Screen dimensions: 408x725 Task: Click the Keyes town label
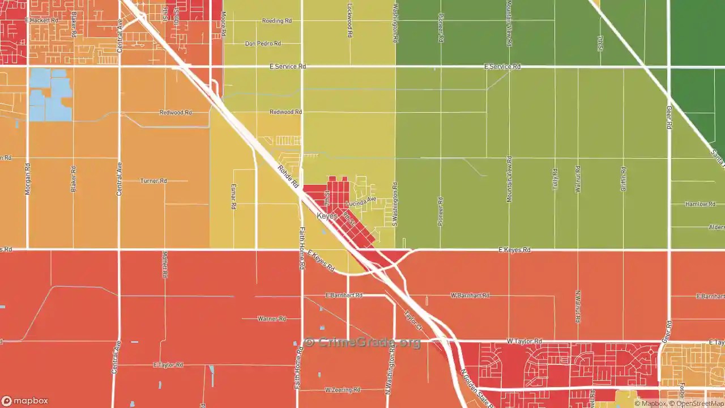click(327, 216)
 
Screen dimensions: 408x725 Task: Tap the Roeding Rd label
click(276, 21)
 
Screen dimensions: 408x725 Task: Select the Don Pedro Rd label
click(263, 44)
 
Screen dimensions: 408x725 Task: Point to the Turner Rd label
click(153, 181)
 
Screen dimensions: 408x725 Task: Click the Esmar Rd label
click(233, 197)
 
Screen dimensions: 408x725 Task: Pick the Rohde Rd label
click(288, 176)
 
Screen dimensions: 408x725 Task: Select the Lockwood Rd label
click(350, 23)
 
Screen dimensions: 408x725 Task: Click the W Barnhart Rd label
click(470, 296)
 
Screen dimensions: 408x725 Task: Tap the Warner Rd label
click(271, 319)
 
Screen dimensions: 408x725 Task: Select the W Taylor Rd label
click(524, 342)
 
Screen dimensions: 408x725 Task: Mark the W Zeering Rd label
click(343, 390)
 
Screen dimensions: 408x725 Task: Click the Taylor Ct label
click(413, 321)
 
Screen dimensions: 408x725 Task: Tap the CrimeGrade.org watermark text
click(362, 342)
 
